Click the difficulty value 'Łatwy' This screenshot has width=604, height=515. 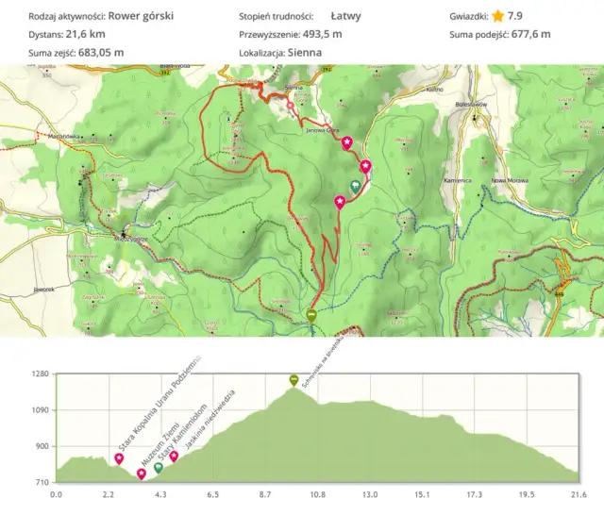click(x=346, y=16)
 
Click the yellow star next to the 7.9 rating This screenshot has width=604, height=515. click(x=497, y=16)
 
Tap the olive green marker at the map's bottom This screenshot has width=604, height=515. click(x=312, y=317)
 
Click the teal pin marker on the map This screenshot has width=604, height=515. click(x=355, y=187)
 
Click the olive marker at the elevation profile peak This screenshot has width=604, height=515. click(x=294, y=380)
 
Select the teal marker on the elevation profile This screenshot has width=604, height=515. click(x=158, y=467)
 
